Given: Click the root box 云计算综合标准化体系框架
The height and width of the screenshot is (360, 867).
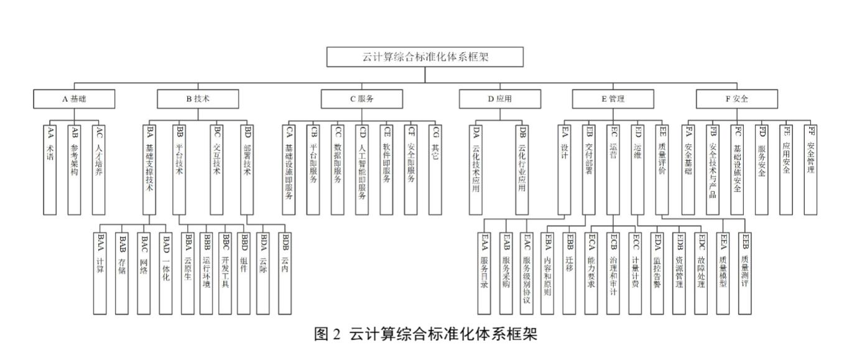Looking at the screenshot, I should tap(425, 57).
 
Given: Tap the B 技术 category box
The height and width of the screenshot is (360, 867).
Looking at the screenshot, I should tap(197, 99).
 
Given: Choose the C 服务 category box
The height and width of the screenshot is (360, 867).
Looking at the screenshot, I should tap(361, 99).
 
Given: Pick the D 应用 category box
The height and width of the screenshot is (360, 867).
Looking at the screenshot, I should tap(500, 99).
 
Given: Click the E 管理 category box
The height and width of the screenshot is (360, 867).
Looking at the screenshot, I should tap(613, 99).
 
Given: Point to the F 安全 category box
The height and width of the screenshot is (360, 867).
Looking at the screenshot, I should tap(736, 99).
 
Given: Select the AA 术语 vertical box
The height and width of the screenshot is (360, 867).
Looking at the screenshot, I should tap(51, 168).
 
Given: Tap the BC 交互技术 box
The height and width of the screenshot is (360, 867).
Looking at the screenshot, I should tap(216, 168).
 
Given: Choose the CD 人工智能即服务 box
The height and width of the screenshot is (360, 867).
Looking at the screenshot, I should tap(363, 168).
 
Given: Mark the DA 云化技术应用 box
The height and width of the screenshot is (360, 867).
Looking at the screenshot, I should tap(476, 168).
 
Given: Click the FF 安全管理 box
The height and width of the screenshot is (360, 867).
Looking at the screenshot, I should tap(810, 168).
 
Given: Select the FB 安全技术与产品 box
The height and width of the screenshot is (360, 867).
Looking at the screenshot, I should tap(713, 168).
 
